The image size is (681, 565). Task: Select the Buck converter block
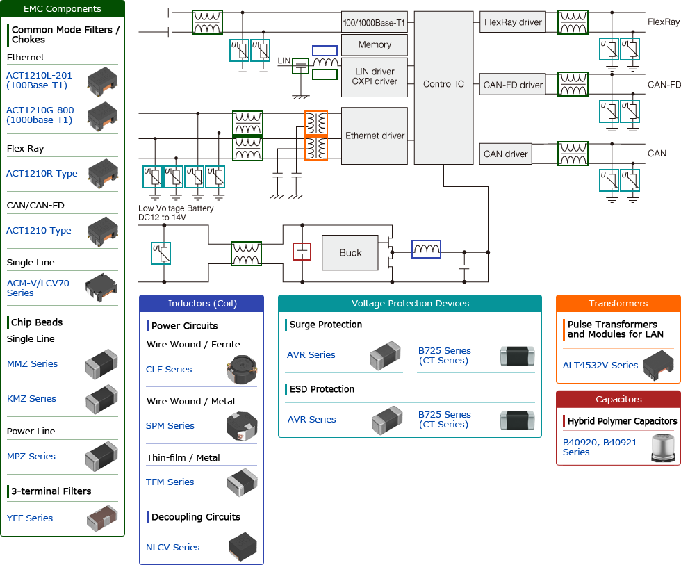click(350, 253)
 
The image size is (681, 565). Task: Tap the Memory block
click(374, 45)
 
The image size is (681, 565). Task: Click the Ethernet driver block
click(374, 136)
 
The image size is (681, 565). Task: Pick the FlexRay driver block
click(512, 22)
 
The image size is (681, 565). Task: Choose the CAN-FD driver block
click(512, 85)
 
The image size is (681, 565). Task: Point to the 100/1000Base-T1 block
click(374, 22)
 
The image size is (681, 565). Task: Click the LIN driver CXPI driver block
click(374, 76)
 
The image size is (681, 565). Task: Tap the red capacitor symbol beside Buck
click(302, 252)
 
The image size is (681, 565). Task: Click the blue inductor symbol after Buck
click(426, 249)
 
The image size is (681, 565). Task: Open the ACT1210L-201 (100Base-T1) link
click(39, 80)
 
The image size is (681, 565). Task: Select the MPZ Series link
click(31, 457)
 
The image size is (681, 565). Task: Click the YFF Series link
click(30, 518)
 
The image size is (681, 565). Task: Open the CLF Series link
click(169, 370)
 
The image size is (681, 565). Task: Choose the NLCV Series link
click(172, 548)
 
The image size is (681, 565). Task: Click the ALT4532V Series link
click(600, 366)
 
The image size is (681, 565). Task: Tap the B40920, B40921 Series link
click(600, 447)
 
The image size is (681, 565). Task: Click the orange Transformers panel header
click(618, 304)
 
